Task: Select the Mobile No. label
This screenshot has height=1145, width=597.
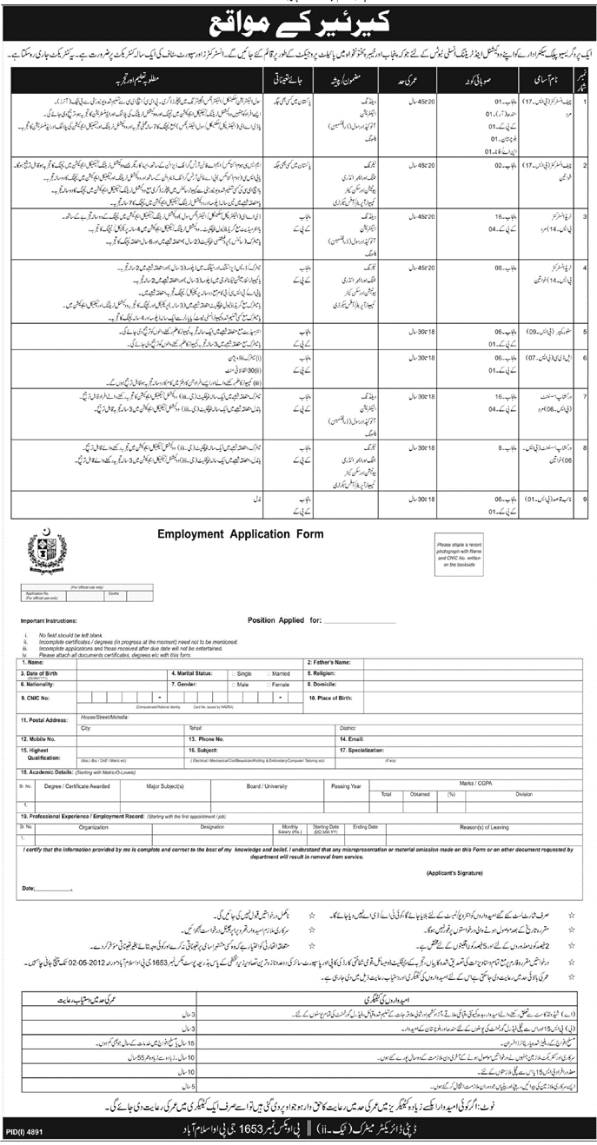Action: tap(38, 738)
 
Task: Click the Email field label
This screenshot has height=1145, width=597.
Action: tap(327, 738)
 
